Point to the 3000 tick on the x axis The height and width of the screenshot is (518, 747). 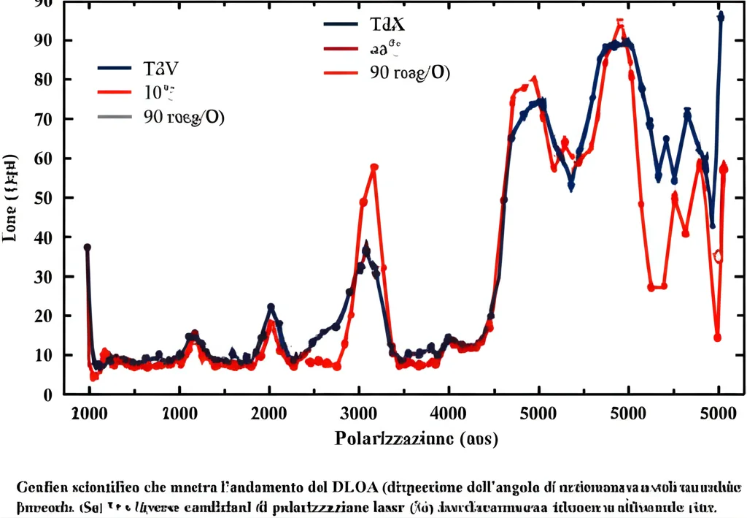tap(359, 413)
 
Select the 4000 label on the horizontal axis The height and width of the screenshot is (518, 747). tap(449, 413)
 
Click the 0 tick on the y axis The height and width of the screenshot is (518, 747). tap(47, 395)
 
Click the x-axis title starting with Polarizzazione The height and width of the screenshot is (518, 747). tap(417, 439)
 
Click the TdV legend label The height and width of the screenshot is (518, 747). tap(161, 69)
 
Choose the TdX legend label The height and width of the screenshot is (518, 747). tap(387, 24)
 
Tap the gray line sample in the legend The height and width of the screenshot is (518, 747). tap(115, 117)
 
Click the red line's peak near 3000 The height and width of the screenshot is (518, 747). tap(374, 167)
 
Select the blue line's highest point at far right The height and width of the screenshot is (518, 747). tap(721, 15)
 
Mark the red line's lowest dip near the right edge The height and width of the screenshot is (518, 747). tap(718, 338)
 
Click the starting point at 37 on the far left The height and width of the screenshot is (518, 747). tap(88, 248)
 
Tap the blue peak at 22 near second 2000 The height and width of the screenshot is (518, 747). tap(271, 308)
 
